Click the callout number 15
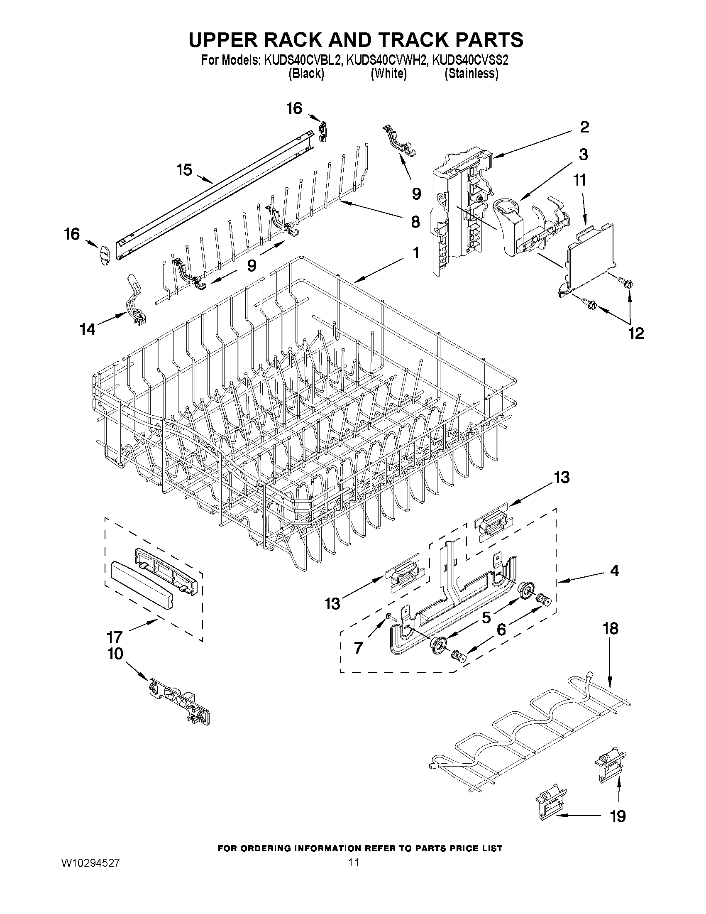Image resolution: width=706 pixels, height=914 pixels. tap(184, 170)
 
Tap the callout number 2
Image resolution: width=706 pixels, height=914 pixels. tap(584, 127)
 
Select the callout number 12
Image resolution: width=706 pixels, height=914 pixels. tap(636, 333)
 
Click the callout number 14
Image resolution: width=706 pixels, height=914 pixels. tap(88, 330)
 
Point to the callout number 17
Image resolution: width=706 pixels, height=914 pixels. tap(114, 637)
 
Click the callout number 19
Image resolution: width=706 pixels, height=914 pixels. tap(618, 816)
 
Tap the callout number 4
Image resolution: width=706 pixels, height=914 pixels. tap(614, 571)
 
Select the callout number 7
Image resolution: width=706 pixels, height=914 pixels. tap(358, 648)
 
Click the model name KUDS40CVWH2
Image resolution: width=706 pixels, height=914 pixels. tap(387, 60)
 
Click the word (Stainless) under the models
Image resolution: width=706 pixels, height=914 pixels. tap(471, 74)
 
